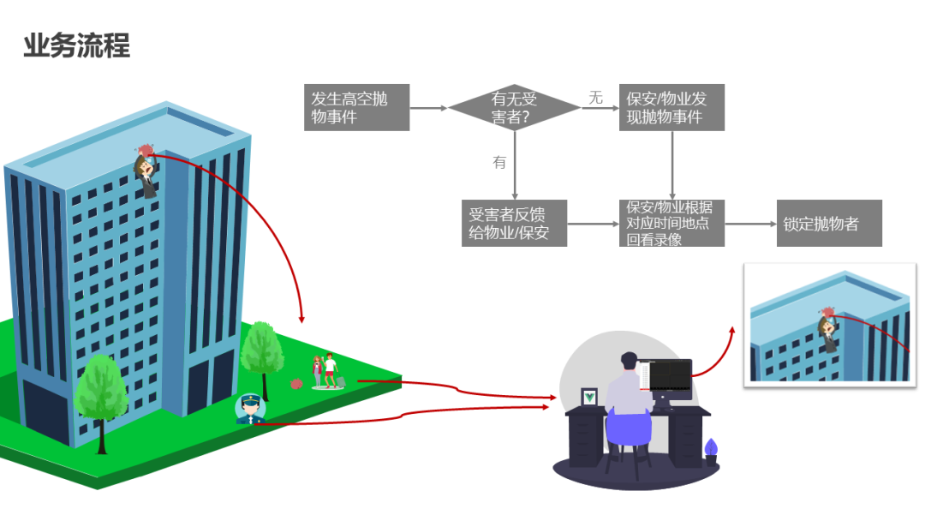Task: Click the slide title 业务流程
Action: coord(76,46)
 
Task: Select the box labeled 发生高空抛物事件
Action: coord(356,108)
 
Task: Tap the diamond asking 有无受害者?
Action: coord(515,108)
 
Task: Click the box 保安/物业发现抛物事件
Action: coord(671,108)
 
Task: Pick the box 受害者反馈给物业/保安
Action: coord(514,224)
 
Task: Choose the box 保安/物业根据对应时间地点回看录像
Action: coord(671,224)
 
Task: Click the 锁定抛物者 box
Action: coord(828,224)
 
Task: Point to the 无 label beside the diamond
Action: coord(595,98)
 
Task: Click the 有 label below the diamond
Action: coord(499,162)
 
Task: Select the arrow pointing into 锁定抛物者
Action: coord(749,224)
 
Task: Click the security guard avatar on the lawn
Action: coord(249,409)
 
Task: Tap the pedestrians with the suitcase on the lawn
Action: coord(326,372)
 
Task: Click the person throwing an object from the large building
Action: coord(147,171)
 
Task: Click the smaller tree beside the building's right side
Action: coord(261,350)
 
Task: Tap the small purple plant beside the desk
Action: coord(710,450)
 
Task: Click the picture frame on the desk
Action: coord(590,398)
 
